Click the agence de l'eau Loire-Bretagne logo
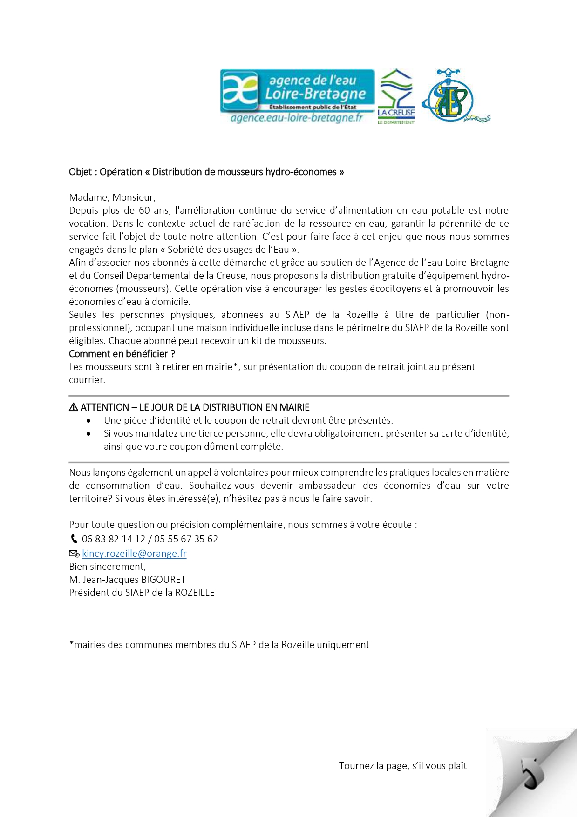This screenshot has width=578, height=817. point(297,91)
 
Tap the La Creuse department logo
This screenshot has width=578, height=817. point(396,96)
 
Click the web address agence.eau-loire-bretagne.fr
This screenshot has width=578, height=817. point(297,118)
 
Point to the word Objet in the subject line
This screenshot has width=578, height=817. point(80,172)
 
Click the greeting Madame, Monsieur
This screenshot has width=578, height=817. point(112,197)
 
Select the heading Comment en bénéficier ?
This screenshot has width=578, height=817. point(122,354)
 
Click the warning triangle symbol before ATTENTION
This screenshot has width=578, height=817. point(74,407)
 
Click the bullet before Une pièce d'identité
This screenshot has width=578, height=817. point(89,421)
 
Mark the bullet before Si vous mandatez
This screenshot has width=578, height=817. point(89,434)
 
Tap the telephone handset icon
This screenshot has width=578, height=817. point(74,539)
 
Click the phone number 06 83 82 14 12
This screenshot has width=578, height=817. point(114,539)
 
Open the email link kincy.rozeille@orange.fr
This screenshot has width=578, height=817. point(134,554)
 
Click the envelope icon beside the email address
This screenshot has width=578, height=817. point(74,554)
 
